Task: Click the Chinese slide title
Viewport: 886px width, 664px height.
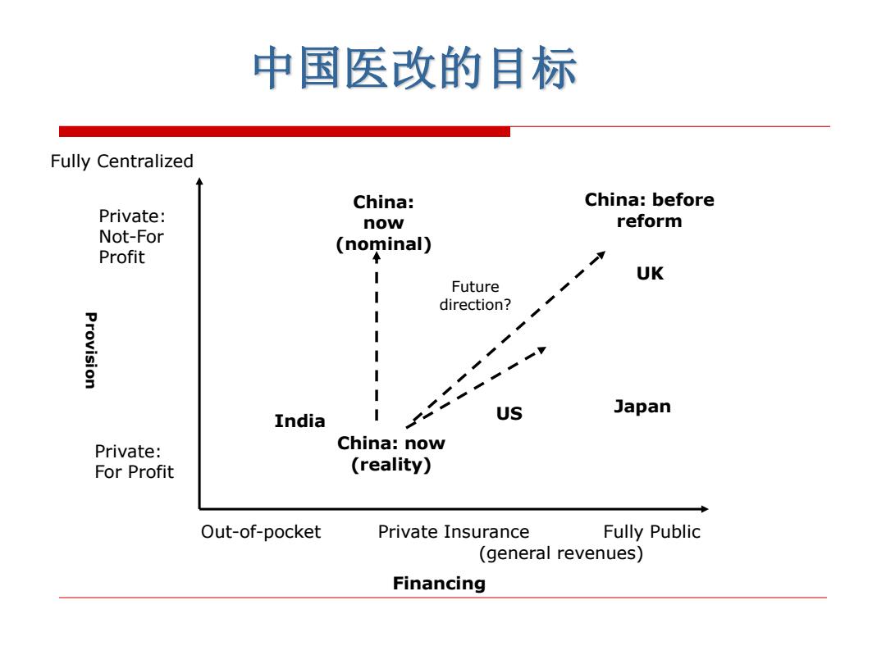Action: [415, 68]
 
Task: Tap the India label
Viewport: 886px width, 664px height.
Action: [299, 421]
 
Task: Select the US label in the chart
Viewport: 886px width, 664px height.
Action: [509, 414]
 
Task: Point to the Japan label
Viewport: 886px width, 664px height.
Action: [642, 407]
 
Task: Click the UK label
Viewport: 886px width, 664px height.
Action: [650, 274]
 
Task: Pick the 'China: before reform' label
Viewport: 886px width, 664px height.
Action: [649, 210]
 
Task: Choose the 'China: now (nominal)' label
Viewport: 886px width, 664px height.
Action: [384, 223]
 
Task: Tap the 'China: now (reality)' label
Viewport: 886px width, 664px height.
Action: [391, 454]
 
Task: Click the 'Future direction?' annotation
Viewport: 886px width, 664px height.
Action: [475, 296]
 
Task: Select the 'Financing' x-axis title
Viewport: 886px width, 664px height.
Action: [439, 584]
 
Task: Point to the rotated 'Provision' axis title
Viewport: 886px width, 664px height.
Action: [90, 350]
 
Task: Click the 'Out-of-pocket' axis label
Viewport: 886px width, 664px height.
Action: [261, 532]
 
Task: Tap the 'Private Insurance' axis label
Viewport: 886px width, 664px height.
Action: [454, 532]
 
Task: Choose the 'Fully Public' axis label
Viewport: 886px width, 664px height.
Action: [651, 532]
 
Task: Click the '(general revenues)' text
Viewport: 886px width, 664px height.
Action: [561, 553]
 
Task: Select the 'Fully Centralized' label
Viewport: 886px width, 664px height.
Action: [121, 161]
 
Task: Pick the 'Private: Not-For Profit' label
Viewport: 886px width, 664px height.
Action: [131, 237]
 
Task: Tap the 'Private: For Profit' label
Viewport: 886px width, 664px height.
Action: [134, 462]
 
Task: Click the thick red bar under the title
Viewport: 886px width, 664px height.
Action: [284, 131]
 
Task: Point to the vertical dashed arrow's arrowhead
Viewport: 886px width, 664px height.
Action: [377, 257]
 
